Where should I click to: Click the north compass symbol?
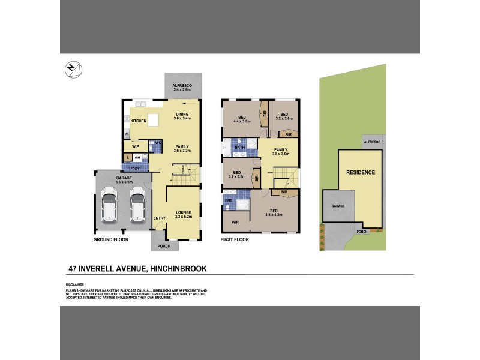tap(71, 69)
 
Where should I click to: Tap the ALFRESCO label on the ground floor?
tap(182, 86)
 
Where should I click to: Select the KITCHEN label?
tap(139, 121)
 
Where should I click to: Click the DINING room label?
tap(182, 114)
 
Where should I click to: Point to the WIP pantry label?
tap(136, 146)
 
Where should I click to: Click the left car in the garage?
tap(110, 205)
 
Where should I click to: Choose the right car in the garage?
tap(137, 205)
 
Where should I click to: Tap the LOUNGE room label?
tap(182, 212)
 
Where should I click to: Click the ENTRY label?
tap(159, 218)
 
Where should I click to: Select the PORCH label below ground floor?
tap(163, 245)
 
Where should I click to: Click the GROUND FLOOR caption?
tap(110, 239)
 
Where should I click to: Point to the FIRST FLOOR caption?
tap(235, 239)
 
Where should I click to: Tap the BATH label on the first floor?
tap(239, 147)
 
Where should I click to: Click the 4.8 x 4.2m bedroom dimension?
tap(274, 214)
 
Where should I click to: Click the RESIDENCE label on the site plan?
tap(360, 172)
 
